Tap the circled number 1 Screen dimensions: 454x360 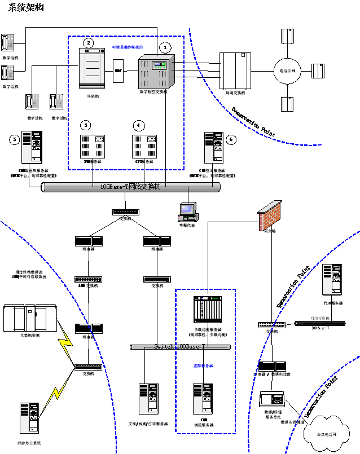tap(165, 48)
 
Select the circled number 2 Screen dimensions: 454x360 tap(88, 42)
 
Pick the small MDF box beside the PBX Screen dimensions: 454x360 tap(118, 72)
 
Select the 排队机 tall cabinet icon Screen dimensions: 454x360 tap(91, 69)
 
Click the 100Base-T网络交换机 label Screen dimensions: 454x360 tap(130, 186)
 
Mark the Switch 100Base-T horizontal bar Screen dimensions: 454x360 tap(180, 346)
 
